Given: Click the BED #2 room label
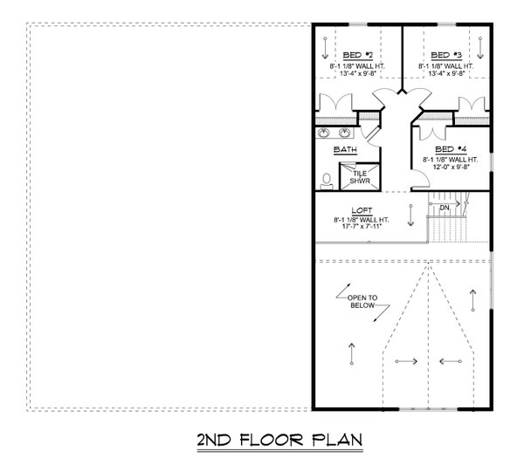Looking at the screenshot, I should (357, 54).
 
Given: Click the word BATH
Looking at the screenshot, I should (346, 150).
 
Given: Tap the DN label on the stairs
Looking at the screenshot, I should (445, 208).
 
